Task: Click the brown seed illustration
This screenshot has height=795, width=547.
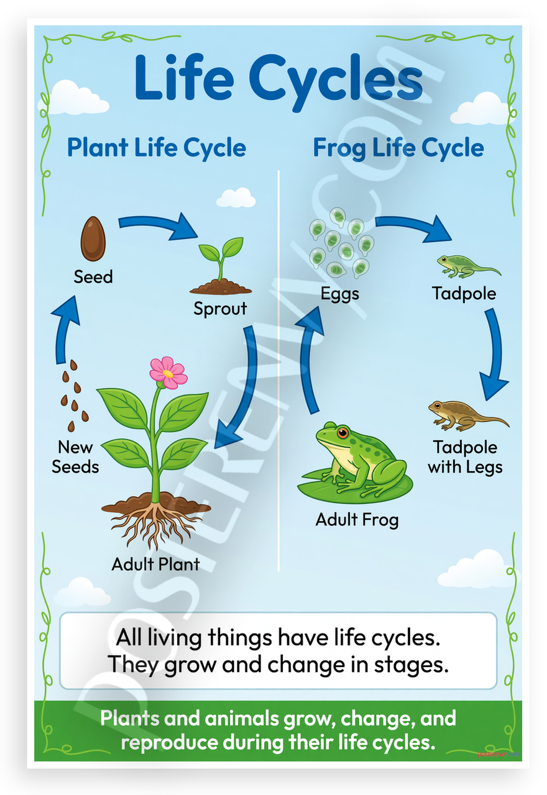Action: tap(93, 238)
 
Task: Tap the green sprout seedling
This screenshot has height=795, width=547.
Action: tap(221, 265)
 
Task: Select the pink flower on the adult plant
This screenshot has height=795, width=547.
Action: tap(168, 373)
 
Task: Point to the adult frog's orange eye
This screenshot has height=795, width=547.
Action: tap(342, 432)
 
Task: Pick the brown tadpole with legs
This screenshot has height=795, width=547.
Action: tap(468, 416)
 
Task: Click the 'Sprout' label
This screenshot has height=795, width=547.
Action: tap(220, 309)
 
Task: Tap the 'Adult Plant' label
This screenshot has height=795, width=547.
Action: tap(155, 564)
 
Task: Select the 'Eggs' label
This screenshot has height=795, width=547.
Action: tap(340, 294)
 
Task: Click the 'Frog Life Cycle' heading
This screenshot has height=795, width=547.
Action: tap(398, 148)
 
